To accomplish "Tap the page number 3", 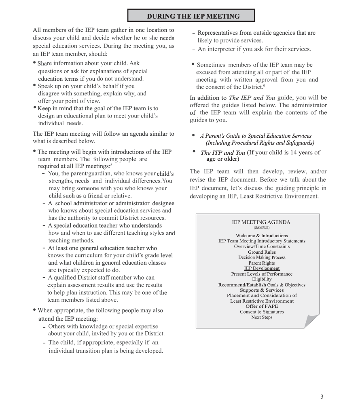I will tap(322, 397).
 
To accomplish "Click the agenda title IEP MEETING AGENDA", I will tap(261, 222).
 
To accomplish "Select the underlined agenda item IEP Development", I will tap(262, 268).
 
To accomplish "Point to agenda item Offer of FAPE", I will tap(262, 306).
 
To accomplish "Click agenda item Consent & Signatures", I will tap(262, 312).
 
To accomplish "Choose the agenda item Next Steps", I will tap(262, 318).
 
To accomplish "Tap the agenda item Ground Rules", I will tap(262, 252).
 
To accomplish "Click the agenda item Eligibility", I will tap(262, 279).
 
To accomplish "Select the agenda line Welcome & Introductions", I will tap(262, 236).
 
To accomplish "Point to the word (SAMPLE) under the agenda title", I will tap(261, 228).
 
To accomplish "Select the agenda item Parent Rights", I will tap(262, 263).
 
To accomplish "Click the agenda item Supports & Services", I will tap(262, 290).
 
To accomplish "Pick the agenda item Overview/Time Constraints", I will tap(262, 246).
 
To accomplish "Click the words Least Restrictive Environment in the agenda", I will tap(262, 301).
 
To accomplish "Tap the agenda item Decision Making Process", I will tap(262, 257).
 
